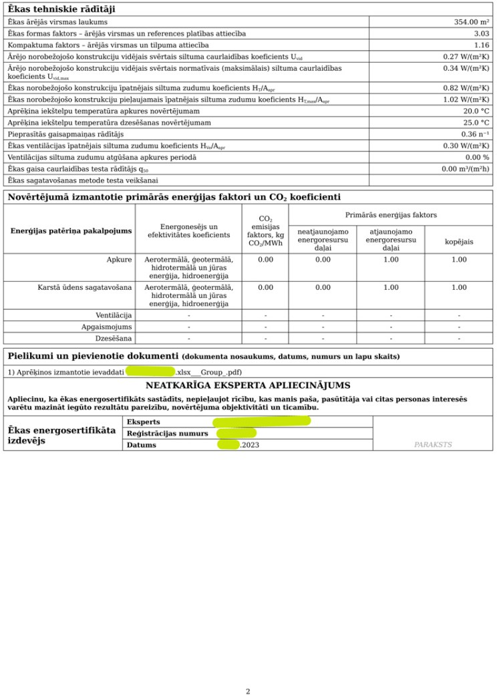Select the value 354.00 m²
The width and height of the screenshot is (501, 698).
pos(472,22)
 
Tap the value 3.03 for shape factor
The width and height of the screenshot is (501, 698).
pos(482,33)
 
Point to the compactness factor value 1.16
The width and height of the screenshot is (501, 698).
pos(482,45)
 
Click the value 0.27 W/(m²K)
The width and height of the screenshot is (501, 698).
pos(466,57)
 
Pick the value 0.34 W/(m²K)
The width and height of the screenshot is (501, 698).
pos(466,68)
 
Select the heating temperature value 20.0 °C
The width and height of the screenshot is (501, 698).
pos(476,111)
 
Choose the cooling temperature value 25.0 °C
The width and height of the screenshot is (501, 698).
pos(476,123)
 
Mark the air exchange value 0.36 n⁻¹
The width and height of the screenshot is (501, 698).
pos(475,134)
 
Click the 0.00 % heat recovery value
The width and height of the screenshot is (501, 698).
pos(477,157)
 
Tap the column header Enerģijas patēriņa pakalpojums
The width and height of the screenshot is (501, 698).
pos(71,231)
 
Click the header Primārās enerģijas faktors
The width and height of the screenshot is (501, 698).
pos(391,215)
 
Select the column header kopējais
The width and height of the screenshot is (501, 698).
pos(459,242)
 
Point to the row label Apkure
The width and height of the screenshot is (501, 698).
pos(119,259)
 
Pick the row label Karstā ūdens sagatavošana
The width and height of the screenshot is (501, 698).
pos(85,287)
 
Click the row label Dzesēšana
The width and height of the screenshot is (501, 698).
pos(114,338)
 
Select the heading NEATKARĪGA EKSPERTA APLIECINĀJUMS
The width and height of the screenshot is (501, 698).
pos(248,385)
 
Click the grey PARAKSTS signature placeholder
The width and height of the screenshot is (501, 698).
pos(433,444)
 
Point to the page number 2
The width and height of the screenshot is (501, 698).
pos(248,691)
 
